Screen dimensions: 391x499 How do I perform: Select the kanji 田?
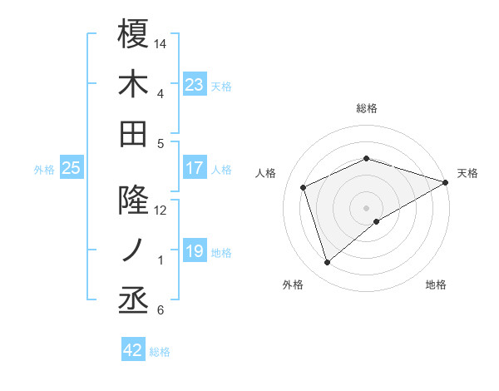[133, 133]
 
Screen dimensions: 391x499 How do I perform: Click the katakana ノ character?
[133, 250]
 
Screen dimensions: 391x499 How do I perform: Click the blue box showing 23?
[195, 84]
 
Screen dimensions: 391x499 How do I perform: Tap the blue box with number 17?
[195, 168]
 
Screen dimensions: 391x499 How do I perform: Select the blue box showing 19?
[195, 251]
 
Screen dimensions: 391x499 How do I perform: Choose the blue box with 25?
[72, 168]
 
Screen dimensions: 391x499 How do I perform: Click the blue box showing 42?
[133, 350]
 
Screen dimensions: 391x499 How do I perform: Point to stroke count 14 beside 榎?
[161, 43]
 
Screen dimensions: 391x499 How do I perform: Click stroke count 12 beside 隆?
[161, 210]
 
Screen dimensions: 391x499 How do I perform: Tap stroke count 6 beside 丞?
[160, 311]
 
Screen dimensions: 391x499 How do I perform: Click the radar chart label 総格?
[367, 108]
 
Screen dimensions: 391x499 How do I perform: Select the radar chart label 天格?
[467, 173]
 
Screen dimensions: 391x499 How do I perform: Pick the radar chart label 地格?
[436, 285]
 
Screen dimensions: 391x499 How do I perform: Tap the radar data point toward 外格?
[327, 263]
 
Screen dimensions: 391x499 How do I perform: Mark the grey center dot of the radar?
[367, 207]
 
